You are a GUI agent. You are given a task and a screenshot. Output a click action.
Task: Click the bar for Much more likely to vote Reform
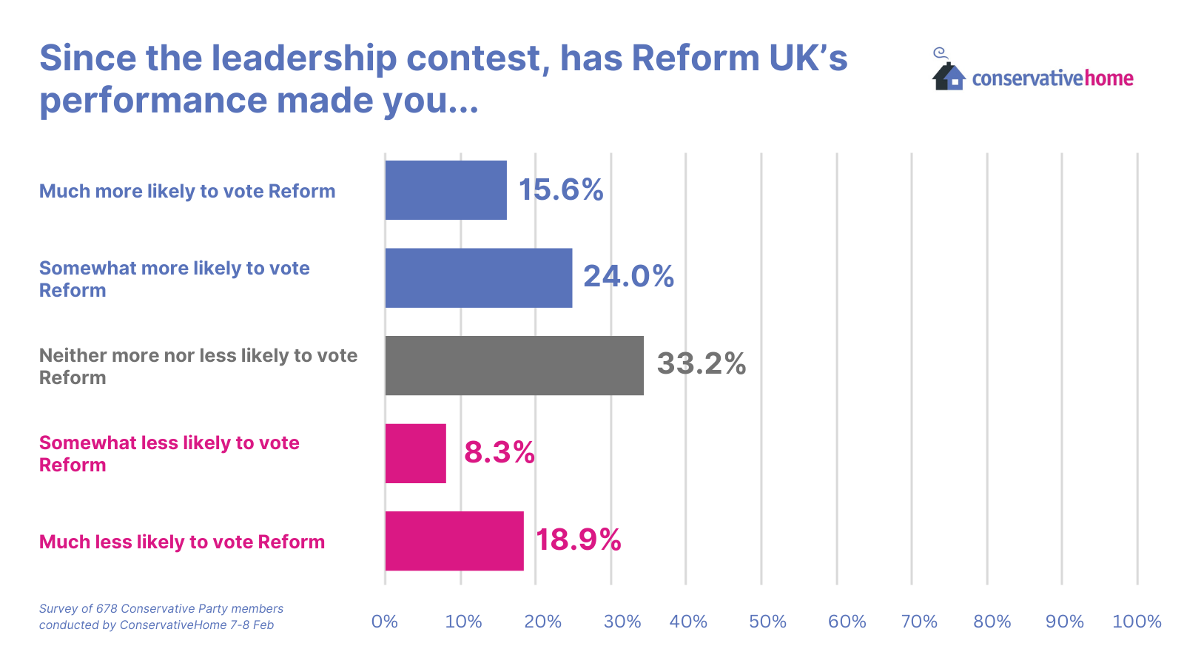[x=445, y=190]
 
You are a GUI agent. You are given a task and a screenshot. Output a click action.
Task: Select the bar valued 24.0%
[x=478, y=277]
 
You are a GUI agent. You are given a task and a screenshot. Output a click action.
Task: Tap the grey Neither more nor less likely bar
[x=514, y=366]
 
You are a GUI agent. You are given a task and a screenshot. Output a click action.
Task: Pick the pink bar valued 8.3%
[x=415, y=453]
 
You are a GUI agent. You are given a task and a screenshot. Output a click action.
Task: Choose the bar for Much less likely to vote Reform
[x=454, y=541]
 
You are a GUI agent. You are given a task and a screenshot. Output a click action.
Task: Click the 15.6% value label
[x=561, y=190]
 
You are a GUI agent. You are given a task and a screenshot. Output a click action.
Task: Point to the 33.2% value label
[x=701, y=363]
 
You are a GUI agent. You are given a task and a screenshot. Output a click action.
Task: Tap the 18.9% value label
[x=578, y=539]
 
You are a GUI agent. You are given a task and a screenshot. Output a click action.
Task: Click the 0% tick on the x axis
[x=385, y=622]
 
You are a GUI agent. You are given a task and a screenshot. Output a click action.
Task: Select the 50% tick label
[x=767, y=622]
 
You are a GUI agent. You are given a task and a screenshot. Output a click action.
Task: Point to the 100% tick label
[x=1137, y=622]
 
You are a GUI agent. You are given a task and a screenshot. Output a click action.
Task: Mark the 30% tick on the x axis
[x=622, y=622]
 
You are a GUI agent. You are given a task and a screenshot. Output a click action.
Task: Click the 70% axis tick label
[x=919, y=622]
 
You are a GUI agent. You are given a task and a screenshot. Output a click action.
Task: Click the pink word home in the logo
[x=1109, y=78]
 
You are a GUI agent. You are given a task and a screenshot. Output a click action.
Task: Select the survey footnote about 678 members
[x=161, y=616]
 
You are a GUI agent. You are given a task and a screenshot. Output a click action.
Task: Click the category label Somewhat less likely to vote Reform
[x=169, y=454]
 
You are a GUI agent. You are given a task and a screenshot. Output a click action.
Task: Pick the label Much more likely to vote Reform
[x=187, y=191]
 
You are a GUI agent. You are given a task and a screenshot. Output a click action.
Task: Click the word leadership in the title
[x=303, y=58]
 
